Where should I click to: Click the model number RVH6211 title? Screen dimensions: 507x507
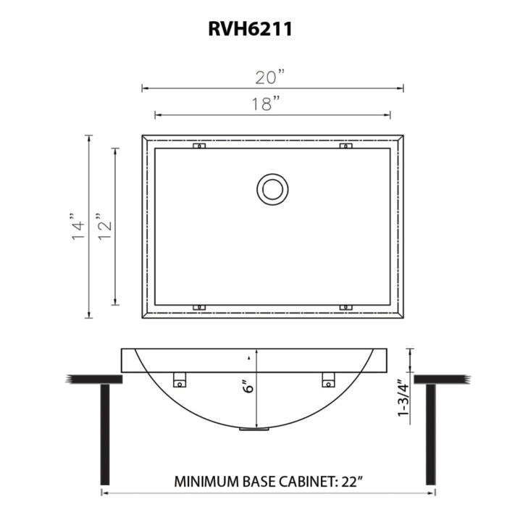(x=251, y=29)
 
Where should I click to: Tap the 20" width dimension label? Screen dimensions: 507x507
(x=270, y=77)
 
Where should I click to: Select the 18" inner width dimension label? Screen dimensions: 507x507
(x=266, y=103)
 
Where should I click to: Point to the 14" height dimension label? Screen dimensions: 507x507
(x=77, y=226)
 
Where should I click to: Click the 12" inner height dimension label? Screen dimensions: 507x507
(x=105, y=226)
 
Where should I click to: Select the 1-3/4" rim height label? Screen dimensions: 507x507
(x=404, y=398)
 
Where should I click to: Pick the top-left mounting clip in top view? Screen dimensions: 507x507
(x=199, y=146)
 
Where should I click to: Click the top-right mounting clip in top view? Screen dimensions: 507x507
(x=345, y=146)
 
